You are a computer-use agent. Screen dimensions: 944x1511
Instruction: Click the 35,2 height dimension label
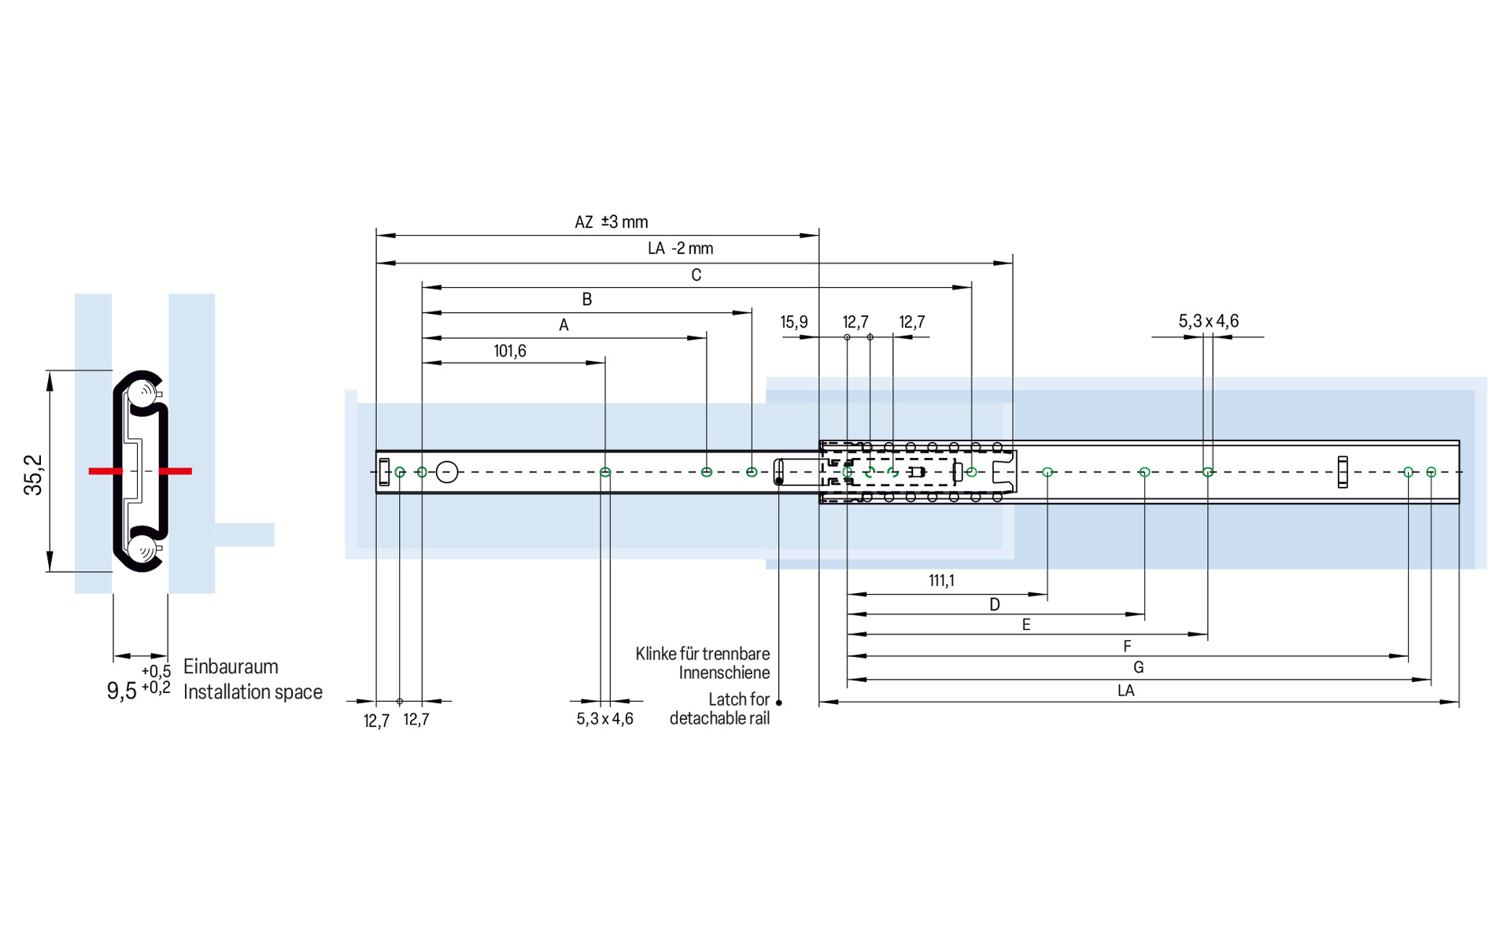pyautogui.click(x=33, y=474)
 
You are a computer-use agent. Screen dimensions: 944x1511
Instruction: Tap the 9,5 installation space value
pyautogui.click(x=122, y=691)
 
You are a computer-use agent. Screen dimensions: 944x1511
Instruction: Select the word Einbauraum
pyautogui.click(x=231, y=666)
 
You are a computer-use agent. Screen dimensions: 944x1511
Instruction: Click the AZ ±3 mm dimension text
pyautogui.click(x=611, y=222)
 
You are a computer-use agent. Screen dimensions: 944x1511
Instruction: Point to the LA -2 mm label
pyautogui.click(x=680, y=249)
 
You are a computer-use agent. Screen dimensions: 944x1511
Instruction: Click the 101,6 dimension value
pyautogui.click(x=509, y=351)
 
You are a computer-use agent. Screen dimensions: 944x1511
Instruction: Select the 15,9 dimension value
pyautogui.click(x=793, y=322)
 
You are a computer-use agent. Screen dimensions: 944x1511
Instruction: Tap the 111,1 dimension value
pyautogui.click(x=941, y=581)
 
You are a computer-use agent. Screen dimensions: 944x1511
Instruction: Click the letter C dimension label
pyautogui.click(x=696, y=275)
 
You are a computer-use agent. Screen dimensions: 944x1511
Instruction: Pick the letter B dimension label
pyautogui.click(x=586, y=299)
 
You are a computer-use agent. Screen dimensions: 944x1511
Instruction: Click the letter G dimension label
pyautogui.click(x=1138, y=667)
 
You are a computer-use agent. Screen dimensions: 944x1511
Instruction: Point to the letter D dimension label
pyautogui.click(x=995, y=604)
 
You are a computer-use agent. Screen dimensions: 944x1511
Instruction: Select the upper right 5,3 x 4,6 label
pyautogui.click(x=1208, y=321)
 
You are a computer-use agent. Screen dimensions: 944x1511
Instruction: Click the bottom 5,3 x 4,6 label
pyautogui.click(x=604, y=719)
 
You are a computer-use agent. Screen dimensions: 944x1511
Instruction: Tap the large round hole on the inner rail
pyautogui.click(x=447, y=472)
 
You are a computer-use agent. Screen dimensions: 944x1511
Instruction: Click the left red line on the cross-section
pyautogui.click(x=105, y=471)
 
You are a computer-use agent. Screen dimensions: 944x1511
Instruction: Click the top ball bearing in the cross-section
pyautogui.click(x=144, y=393)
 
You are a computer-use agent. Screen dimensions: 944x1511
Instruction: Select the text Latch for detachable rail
pyautogui.click(x=719, y=709)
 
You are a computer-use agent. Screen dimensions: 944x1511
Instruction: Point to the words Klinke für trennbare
pyautogui.click(x=702, y=654)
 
